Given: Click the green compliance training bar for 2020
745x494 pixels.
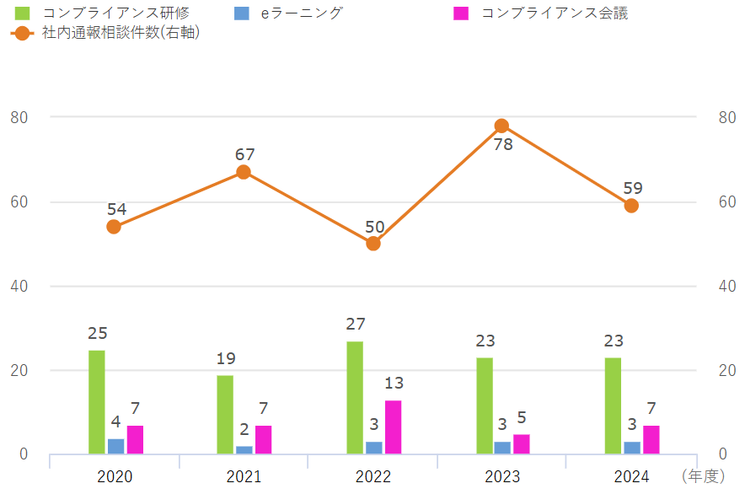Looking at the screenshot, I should (97, 402).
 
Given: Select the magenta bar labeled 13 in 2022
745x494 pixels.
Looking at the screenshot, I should (393, 427).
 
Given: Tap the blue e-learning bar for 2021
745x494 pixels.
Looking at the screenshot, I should (244, 449).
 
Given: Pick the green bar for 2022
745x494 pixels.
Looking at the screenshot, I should (355, 398).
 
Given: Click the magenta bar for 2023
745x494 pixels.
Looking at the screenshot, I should (521, 444).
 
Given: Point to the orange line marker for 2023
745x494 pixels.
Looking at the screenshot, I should (501, 126).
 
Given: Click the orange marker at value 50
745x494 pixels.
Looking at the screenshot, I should (373, 244).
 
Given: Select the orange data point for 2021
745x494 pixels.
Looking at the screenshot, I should (244, 172).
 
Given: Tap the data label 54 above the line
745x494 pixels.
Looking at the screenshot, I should (116, 209).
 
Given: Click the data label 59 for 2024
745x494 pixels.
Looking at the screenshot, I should (632, 188).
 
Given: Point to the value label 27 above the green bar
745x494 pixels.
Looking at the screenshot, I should (356, 324).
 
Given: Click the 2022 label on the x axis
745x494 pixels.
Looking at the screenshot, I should (373, 477).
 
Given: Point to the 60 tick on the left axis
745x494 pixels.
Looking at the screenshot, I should (19, 201).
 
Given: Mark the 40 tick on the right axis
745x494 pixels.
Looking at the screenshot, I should (726, 286).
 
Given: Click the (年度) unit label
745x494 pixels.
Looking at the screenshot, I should (702, 477).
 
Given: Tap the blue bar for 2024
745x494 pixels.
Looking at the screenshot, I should (632, 448).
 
